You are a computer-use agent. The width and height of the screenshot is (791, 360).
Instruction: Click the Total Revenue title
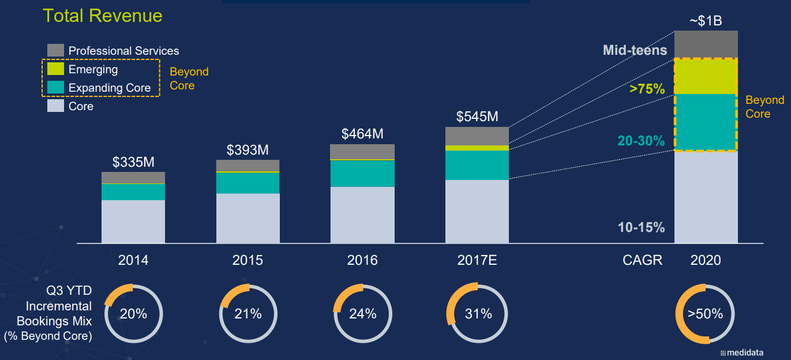[103, 16]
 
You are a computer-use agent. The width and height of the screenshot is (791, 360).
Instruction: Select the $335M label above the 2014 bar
[133, 162]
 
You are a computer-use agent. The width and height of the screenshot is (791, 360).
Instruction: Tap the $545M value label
[477, 117]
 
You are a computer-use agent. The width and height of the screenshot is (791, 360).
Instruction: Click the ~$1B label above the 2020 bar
[706, 21]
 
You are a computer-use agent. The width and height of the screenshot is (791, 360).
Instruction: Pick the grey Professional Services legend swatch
[55, 50]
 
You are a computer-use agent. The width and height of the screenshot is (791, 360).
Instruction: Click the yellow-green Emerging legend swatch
[55, 69]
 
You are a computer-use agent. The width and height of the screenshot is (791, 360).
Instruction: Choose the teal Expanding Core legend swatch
[55, 88]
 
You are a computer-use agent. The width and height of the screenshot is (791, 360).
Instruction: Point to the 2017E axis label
[477, 260]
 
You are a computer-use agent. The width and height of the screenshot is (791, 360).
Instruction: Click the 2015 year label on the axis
[248, 260]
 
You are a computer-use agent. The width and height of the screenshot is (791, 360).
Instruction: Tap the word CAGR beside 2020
[642, 260]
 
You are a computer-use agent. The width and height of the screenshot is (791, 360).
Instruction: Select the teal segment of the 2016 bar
[362, 174]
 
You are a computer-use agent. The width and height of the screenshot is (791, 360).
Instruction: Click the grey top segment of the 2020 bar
[706, 44]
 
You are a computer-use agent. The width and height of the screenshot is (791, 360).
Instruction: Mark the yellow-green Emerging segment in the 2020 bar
[706, 76]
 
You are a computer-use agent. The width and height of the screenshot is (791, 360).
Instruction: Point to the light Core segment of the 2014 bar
[133, 222]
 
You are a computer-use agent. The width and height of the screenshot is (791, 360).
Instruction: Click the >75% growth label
[647, 89]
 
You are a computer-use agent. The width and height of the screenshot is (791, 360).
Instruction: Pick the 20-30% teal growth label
[642, 141]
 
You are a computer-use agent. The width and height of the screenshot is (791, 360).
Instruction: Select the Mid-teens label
[635, 50]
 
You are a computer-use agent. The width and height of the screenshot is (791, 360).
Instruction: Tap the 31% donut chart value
[478, 314]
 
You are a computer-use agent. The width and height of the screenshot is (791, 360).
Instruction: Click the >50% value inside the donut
[705, 314]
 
